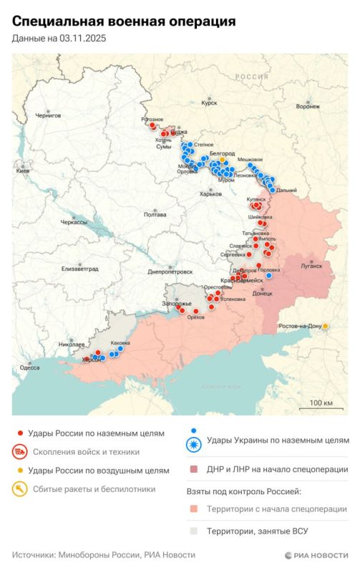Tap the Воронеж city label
[x=308, y=105]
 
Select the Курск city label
[x=209, y=102]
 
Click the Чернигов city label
[x=49, y=115]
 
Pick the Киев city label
[x=23, y=172]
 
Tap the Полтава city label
[x=155, y=214]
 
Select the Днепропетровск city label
[x=170, y=272]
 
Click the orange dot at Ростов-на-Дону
[x=326, y=327]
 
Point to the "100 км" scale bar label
[x=321, y=403]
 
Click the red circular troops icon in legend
[x=20, y=452]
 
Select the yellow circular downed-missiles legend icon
[x=20, y=489]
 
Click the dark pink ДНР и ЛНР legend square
[x=194, y=470]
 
